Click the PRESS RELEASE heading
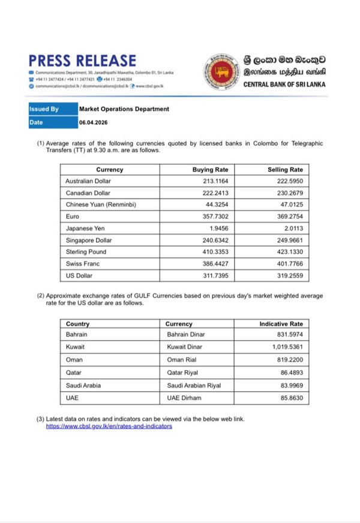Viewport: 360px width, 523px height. (82, 61)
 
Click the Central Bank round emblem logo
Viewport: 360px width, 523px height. (222, 72)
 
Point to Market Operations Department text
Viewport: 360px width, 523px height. (124, 109)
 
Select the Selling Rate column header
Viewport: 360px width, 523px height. (285, 170)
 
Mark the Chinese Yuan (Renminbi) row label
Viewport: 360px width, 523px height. (100, 205)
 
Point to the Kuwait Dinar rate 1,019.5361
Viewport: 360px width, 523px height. (286, 347)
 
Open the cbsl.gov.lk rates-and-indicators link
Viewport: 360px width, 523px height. (109, 426)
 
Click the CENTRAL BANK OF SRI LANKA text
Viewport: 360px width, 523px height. (284, 84)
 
